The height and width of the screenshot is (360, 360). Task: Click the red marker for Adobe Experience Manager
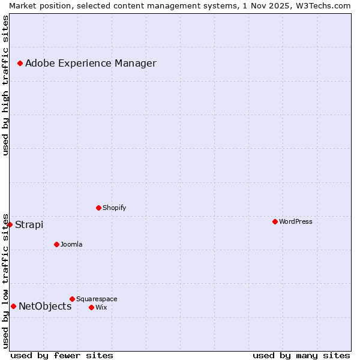(20, 63)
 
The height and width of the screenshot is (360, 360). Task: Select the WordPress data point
(275, 221)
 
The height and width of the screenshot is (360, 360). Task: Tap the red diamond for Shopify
(98, 208)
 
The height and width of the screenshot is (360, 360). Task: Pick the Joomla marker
(56, 244)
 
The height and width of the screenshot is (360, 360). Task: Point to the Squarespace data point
(72, 299)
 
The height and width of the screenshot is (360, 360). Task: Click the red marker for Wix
(91, 307)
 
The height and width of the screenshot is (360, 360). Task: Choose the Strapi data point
(10, 224)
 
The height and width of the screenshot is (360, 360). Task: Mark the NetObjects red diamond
(13, 306)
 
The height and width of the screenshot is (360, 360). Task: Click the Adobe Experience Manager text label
(91, 63)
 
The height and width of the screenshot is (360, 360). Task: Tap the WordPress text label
(296, 221)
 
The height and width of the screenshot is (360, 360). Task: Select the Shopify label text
(115, 208)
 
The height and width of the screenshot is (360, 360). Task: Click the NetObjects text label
(45, 306)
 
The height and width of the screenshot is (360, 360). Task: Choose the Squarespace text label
(97, 299)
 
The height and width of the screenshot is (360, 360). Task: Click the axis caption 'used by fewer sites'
(62, 355)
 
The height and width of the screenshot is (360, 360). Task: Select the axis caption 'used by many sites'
(301, 355)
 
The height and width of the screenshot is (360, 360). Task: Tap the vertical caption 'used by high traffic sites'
(5, 85)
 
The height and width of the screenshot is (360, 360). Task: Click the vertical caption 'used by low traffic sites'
(5, 280)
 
